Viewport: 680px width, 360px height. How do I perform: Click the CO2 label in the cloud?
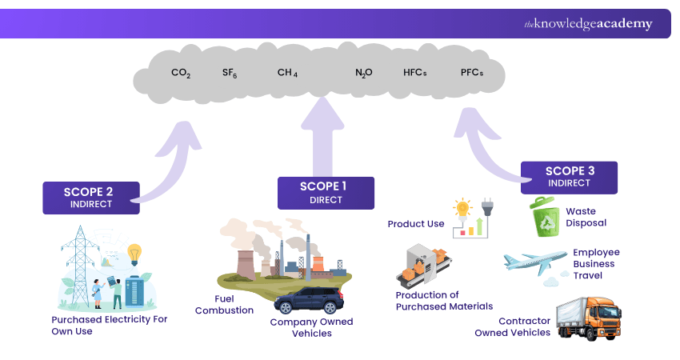click(181, 73)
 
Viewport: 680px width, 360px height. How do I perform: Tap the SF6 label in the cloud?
click(230, 73)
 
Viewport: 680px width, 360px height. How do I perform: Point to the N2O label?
click(364, 73)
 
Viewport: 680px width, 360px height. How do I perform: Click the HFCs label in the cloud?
click(415, 73)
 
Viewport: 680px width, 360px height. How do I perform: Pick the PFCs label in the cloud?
click(472, 73)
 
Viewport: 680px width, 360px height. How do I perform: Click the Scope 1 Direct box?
click(326, 193)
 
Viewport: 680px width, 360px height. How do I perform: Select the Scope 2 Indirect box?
click(91, 198)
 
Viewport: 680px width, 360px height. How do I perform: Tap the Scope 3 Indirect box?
click(569, 177)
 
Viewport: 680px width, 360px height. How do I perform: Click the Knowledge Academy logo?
click(588, 24)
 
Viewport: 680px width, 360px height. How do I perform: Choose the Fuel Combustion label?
click(225, 304)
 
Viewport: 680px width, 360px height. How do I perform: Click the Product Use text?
click(416, 224)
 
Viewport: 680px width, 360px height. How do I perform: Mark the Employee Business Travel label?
click(596, 263)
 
